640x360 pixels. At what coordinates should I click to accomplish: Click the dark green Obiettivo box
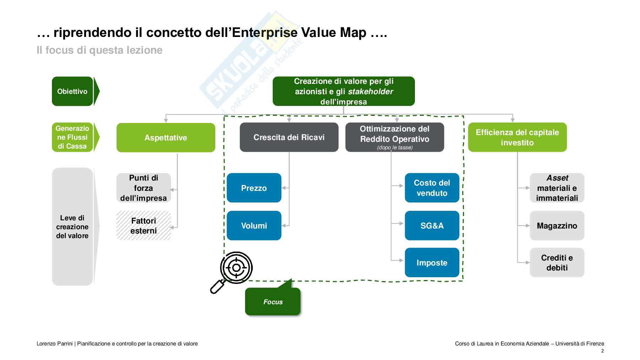coord(73,91)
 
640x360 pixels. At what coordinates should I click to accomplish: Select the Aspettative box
coord(166,138)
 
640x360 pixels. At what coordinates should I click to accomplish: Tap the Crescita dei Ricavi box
coord(289,137)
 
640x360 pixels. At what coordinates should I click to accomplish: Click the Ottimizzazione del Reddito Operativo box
coord(395,137)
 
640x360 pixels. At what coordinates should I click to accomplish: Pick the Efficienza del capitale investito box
coord(517,137)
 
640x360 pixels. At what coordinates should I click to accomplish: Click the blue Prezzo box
coord(254,188)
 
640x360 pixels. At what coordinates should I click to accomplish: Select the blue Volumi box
coord(254,226)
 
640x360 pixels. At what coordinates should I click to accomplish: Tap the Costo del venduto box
coord(432,188)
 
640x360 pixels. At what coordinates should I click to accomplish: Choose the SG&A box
coord(432,226)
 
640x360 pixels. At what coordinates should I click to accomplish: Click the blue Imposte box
coord(432,263)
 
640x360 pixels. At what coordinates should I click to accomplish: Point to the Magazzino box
coord(557,226)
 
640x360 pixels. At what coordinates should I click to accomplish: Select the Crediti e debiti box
coord(557,263)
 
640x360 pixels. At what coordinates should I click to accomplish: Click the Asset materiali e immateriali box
coord(557,188)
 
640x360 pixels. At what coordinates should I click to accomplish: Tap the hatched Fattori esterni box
coord(144,226)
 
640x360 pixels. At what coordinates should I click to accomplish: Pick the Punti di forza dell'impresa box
coord(144,188)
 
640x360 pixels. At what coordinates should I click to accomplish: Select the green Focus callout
coord(273,301)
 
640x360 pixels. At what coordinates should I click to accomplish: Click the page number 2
coord(602,351)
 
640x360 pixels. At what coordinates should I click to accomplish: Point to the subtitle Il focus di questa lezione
coord(100,50)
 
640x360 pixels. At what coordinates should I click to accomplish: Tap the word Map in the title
coord(350,33)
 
